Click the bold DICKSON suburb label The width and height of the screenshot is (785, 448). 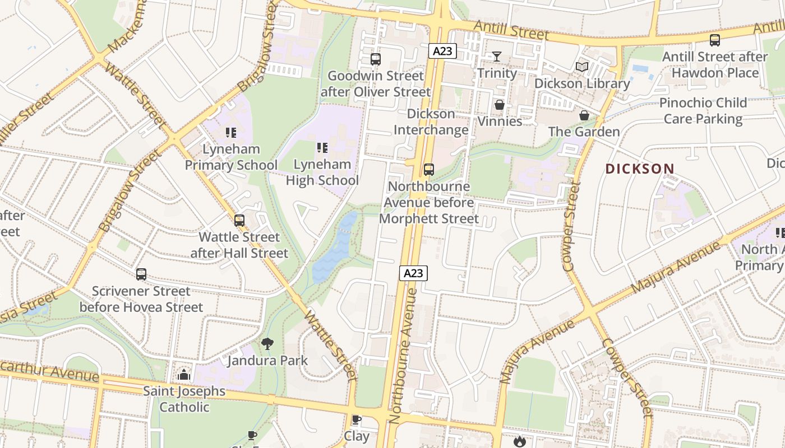click(640, 169)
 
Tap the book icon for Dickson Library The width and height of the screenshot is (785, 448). click(582, 67)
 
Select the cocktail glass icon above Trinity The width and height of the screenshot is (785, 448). click(497, 56)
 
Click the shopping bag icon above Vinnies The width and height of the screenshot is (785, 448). click(499, 105)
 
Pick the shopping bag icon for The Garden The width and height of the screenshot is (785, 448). click(584, 115)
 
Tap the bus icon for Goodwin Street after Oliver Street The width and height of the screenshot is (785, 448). click(376, 59)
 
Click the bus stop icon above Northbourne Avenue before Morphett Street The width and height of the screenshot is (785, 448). click(429, 169)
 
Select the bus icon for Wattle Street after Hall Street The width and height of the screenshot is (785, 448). click(239, 221)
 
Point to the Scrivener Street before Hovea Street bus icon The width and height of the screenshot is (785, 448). click(141, 274)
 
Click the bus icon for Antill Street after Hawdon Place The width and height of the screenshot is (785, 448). click(714, 40)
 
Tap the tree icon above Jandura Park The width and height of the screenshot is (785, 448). click(267, 343)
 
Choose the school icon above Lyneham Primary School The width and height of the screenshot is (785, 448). click(231, 133)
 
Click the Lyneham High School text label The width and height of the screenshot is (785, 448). click(322, 172)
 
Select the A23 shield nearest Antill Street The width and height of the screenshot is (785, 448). click(442, 51)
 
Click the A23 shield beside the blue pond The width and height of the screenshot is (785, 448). click(413, 273)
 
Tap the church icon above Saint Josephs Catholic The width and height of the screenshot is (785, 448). click(184, 375)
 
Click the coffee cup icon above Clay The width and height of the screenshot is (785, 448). click(356, 419)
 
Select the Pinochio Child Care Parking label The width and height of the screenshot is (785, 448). click(703, 111)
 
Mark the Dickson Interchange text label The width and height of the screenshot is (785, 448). click(431, 122)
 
